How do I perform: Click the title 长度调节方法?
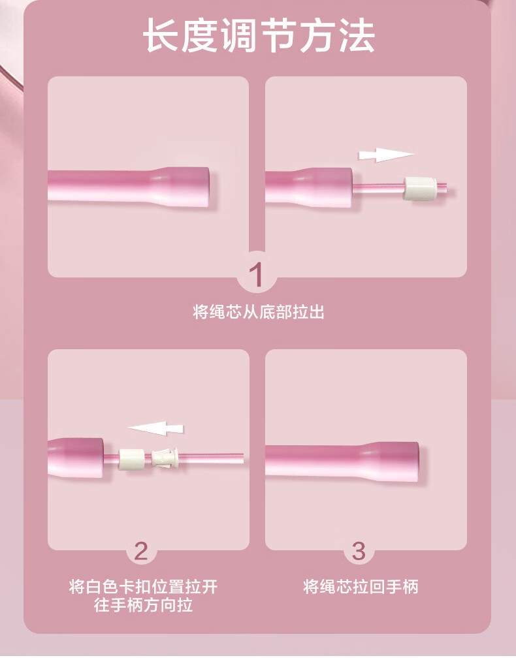(258, 36)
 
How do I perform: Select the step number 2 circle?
(141, 550)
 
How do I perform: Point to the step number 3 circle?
(359, 550)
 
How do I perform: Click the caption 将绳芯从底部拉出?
(259, 312)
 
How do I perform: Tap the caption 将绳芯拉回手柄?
(361, 586)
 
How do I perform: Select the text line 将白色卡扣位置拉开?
(143, 586)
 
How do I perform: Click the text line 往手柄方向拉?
(143, 605)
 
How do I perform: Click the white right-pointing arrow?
(386, 155)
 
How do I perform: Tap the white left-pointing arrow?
(155, 428)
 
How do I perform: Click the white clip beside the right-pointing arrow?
(420, 189)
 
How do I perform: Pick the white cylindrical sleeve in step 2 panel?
(132, 459)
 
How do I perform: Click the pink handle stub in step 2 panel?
(76, 458)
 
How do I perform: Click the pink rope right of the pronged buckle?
(211, 458)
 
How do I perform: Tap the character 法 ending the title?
(357, 36)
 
